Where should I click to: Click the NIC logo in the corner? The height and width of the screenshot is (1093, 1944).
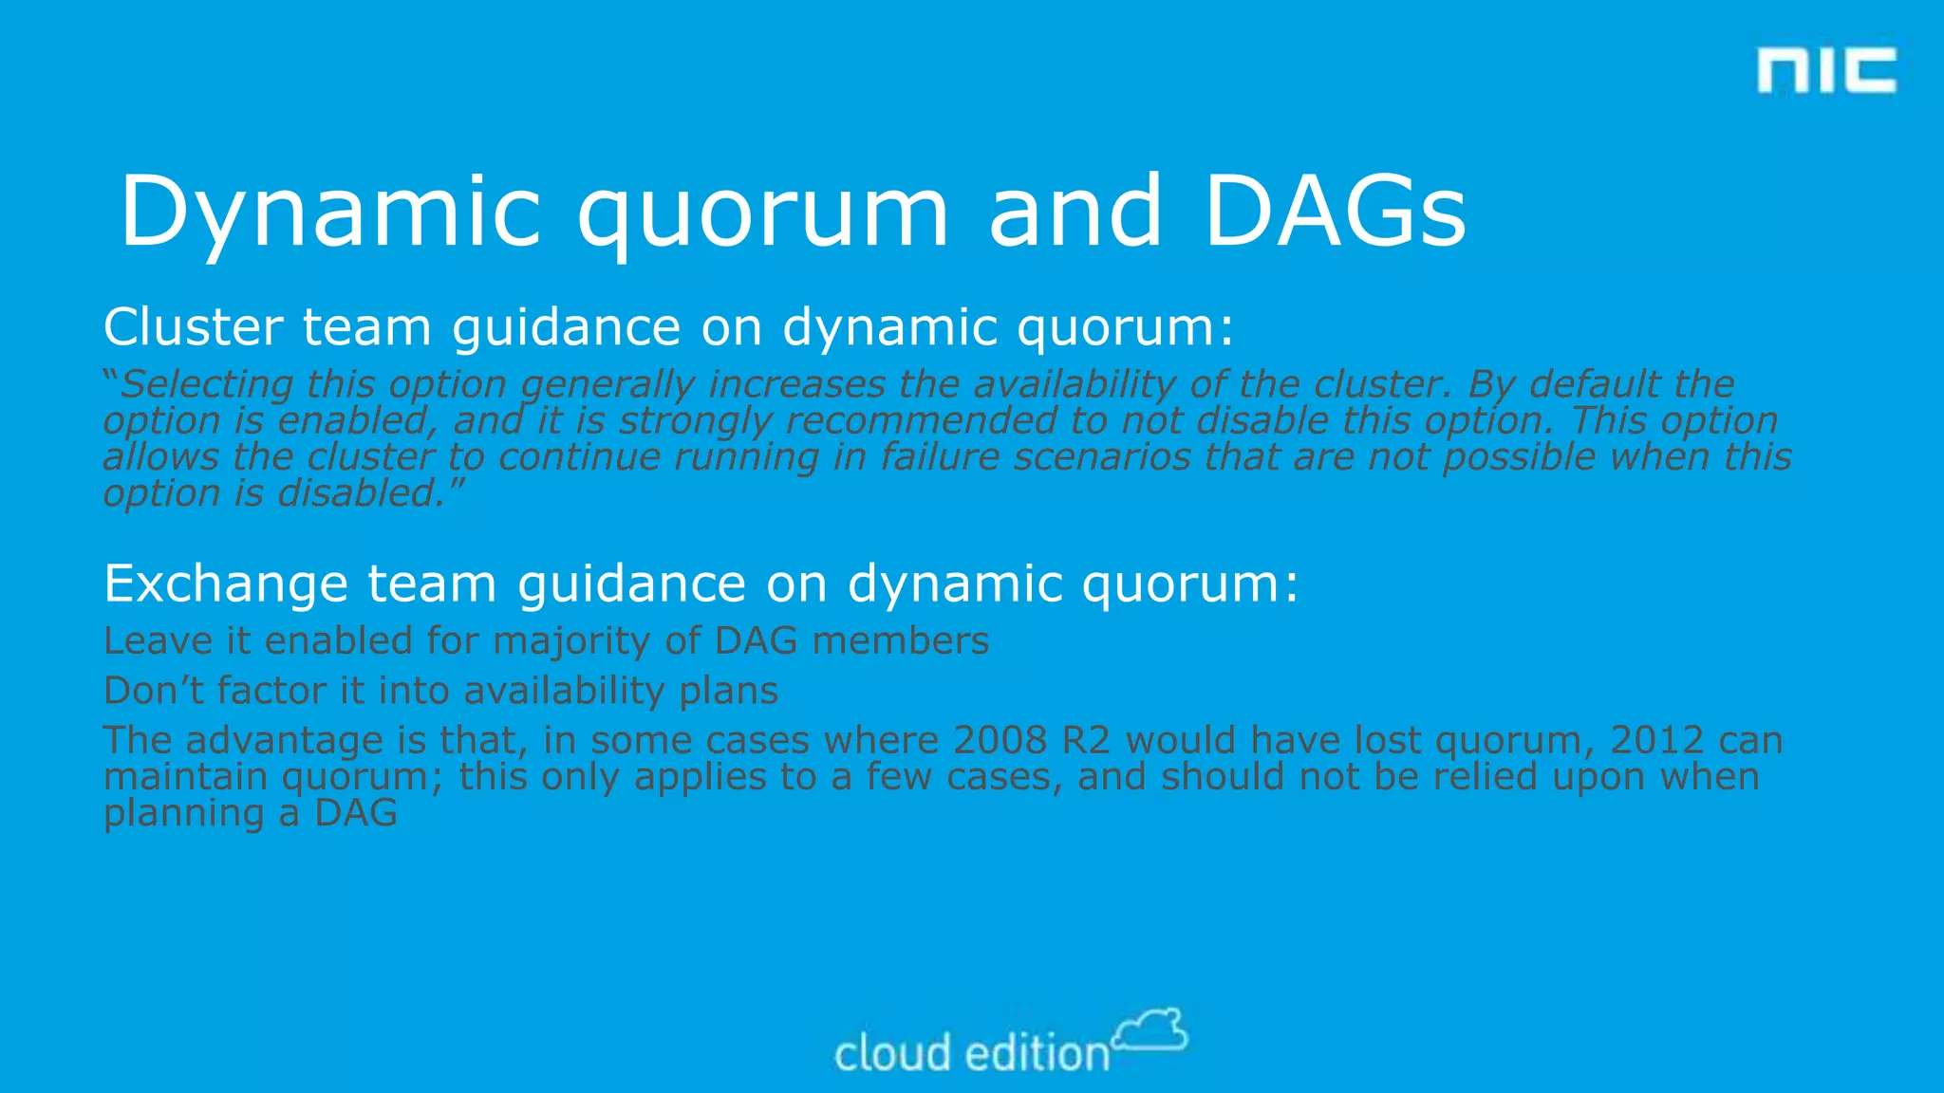pyautogui.click(x=1825, y=70)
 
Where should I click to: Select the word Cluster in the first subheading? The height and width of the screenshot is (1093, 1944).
pyautogui.click(x=193, y=327)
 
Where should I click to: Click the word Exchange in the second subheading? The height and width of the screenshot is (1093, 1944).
pyautogui.click(x=226, y=584)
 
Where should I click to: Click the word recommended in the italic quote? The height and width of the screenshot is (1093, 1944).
pyautogui.click(x=921, y=420)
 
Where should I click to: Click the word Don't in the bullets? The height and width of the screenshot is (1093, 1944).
pyautogui.click(x=154, y=691)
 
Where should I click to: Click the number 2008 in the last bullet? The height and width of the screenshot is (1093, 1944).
pyautogui.click(x=1000, y=740)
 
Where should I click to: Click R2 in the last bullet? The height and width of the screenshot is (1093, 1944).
pyautogui.click(x=1085, y=740)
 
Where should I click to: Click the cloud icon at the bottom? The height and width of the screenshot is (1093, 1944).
pyautogui.click(x=1150, y=1030)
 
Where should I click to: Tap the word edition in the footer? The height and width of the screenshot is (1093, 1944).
pyautogui.click(x=1037, y=1054)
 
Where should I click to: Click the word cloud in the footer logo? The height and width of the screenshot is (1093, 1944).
pyautogui.click(x=892, y=1054)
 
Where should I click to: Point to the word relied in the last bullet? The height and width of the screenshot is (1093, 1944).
pyautogui.click(x=1486, y=777)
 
